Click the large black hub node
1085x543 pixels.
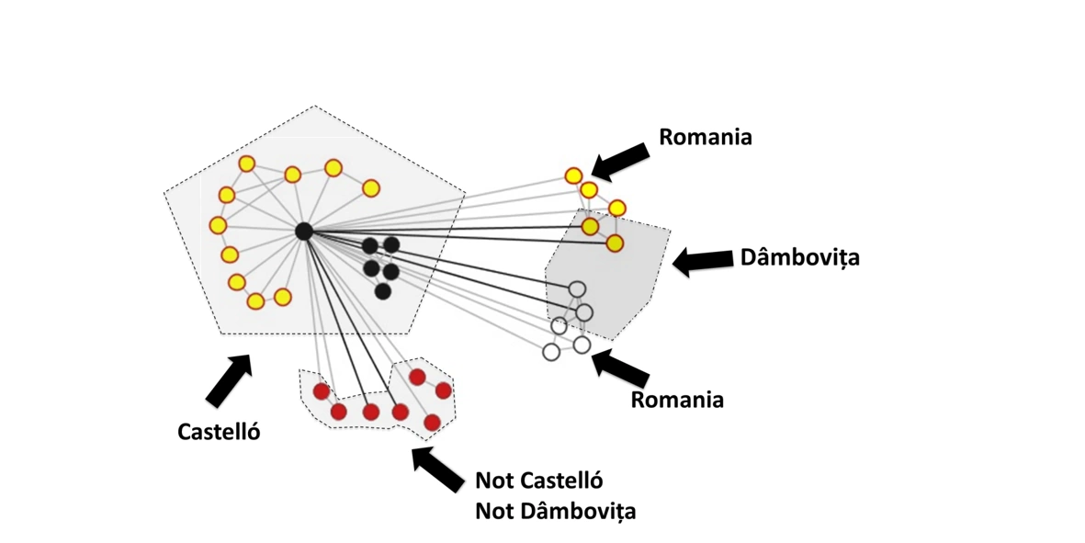click(x=304, y=232)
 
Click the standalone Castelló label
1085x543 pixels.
click(x=219, y=430)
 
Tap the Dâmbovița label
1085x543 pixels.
click(x=799, y=257)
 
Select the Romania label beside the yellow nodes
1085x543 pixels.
click(x=706, y=137)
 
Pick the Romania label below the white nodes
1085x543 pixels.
click(x=677, y=400)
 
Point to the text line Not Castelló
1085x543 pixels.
click(x=538, y=480)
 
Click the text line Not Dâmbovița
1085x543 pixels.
click(x=555, y=511)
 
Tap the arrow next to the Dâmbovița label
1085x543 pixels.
click(x=702, y=261)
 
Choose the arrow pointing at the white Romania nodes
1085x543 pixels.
click(x=621, y=368)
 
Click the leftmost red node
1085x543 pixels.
click(x=322, y=392)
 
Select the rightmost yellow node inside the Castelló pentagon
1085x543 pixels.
click(x=370, y=188)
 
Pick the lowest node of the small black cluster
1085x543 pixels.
click(x=383, y=291)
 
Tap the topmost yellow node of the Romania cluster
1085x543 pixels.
click(x=573, y=175)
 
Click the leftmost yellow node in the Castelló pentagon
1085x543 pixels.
click(x=218, y=225)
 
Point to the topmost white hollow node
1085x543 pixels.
click(x=577, y=289)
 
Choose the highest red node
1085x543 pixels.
click(x=417, y=377)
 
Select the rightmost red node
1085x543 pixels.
click(x=443, y=390)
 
